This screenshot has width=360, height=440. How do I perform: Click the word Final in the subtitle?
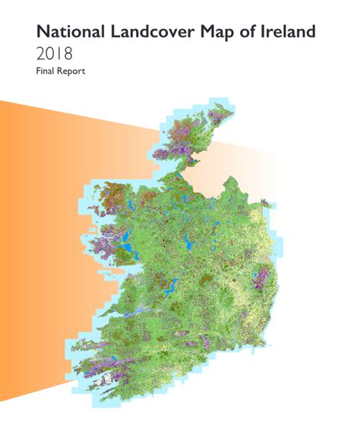46,73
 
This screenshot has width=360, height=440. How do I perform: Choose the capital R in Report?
60,73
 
